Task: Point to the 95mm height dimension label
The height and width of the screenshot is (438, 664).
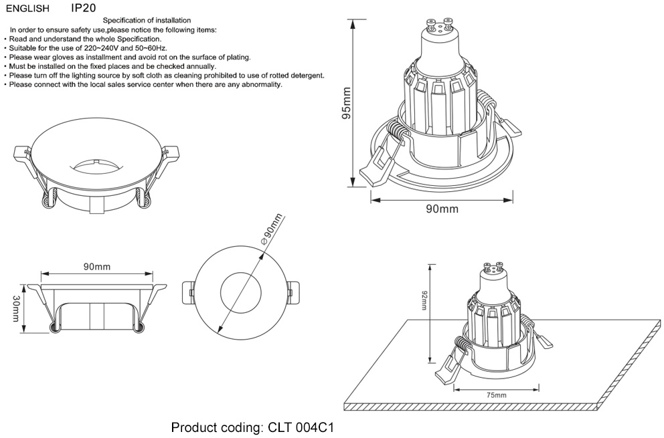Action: coord(346,103)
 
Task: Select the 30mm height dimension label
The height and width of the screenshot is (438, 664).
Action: coord(16,308)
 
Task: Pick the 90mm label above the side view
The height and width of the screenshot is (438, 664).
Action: coord(97,267)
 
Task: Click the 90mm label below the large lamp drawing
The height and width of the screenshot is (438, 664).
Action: coord(442,209)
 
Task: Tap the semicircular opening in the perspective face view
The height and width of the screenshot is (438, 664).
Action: coord(97,162)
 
